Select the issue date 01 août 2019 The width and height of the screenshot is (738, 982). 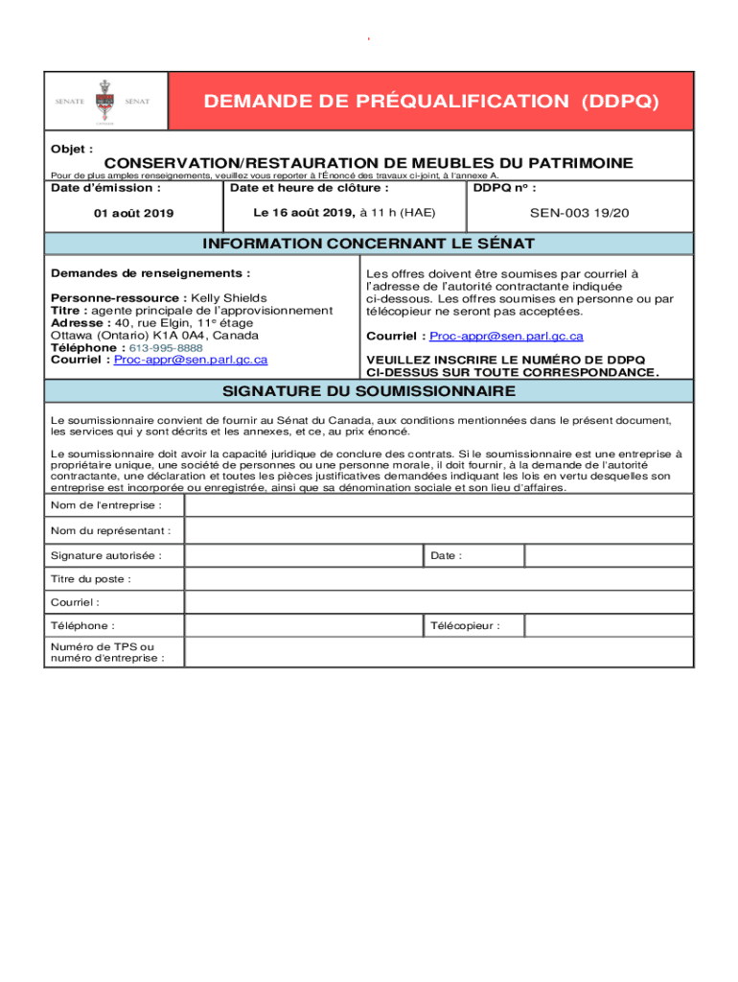[x=133, y=213]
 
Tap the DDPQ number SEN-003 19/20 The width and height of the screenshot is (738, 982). [x=580, y=213]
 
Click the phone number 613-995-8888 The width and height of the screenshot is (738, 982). [x=166, y=348]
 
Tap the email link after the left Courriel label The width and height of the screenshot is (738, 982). [x=191, y=360]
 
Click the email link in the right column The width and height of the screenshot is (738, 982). [x=506, y=337]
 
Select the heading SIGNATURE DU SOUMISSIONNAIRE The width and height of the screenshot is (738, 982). [x=369, y=391]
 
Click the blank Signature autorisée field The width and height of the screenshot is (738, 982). [x=303, y=555]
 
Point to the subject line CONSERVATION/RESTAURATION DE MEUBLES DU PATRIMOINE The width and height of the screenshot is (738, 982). [x=368, y=164]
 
